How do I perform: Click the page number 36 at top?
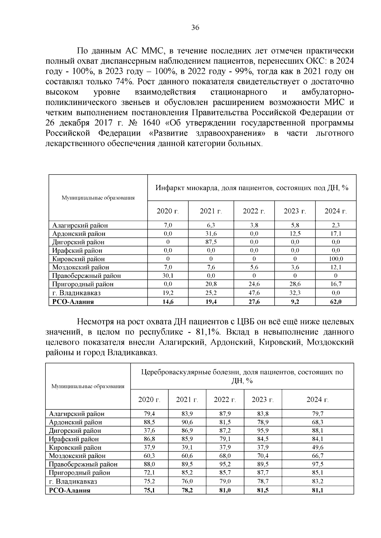point(195,28)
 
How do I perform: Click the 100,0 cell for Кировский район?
point(336,259)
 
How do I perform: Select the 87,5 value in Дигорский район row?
point(211,242)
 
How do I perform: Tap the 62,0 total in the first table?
point(336,302)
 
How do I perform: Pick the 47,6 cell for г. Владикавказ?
point(254,293)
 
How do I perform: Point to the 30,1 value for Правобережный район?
point(168,276)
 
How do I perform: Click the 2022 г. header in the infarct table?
point(254,211)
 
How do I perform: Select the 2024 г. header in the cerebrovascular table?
point(317,400)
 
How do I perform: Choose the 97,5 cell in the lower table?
point(317,464)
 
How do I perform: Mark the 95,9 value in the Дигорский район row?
point(263,431)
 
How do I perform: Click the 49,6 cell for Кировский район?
point(317,447)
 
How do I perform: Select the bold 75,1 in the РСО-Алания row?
point(149,490)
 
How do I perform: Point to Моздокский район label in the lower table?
point(77,456)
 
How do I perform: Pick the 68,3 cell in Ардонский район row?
point(317,422)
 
